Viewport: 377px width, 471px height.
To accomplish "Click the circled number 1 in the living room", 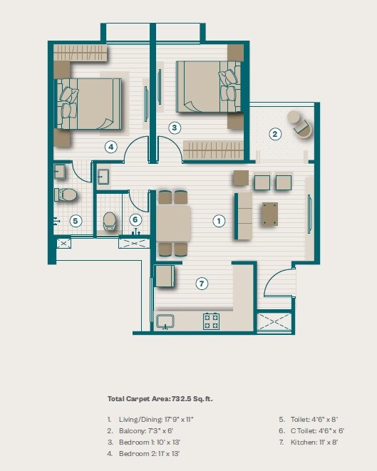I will [219, 221].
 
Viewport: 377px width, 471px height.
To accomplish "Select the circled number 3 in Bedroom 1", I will [174, 128].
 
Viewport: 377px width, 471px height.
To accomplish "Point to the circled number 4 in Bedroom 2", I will [110, 147].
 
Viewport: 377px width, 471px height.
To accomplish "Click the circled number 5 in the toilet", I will [75, 221].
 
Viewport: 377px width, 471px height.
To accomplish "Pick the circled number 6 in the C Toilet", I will [135, 220].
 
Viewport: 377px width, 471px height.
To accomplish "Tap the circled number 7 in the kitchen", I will [202, 284].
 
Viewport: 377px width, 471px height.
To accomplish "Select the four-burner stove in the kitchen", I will [211, 321].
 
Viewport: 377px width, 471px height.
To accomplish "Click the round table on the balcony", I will [294, 118].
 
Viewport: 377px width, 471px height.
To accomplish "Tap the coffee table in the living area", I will [270, 213].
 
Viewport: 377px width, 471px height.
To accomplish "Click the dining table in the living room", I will [172, 224].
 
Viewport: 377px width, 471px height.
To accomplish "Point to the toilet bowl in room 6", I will [110, 220].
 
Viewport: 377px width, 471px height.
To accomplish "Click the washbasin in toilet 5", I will [60, 171].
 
